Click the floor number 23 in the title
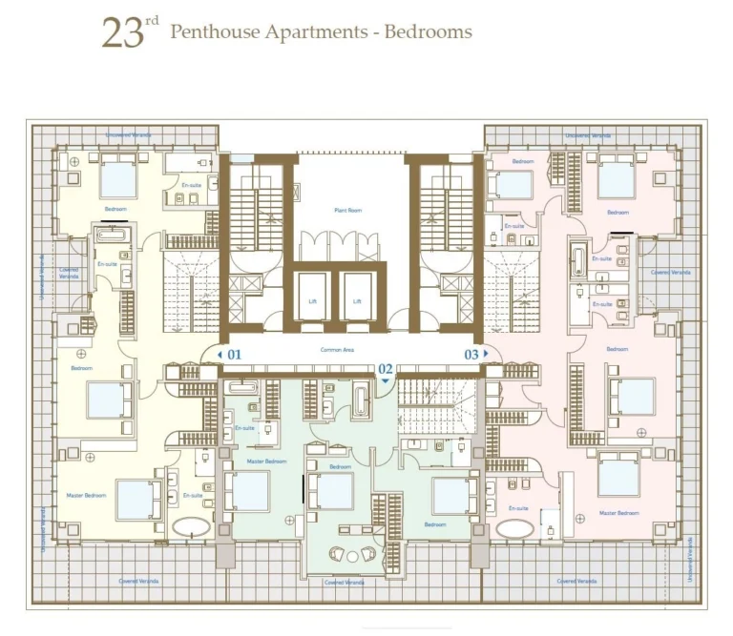[x=122, y=33]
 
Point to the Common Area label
[x=337, y=351]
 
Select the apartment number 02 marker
[x=386, y=368]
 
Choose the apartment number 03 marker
[x=471, y=354]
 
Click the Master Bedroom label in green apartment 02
[x=266, y=462]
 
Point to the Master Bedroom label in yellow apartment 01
[x=88, y=496]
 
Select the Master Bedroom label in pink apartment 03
[x=618, y=513]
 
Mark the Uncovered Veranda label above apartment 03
[x=588, y=135]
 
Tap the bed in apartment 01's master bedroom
[x=139, y=498]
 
